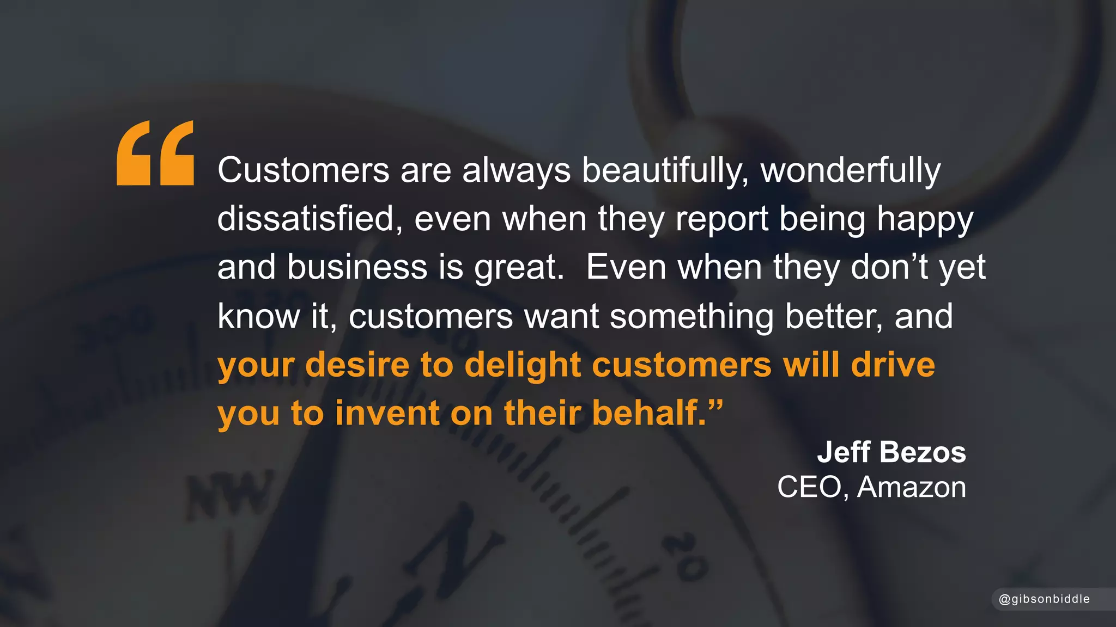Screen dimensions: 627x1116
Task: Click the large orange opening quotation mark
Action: [x=155, y=153]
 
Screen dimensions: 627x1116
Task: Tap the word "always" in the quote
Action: [x=516, y=170]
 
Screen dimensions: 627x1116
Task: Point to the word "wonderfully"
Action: [x=850, y=170]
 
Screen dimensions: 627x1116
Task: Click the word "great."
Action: [x=519, y=268]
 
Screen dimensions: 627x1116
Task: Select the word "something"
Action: [x=692, y=316]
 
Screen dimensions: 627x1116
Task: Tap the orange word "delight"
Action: [x=523, y=365]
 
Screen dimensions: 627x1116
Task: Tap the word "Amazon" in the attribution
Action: [x=911, y=487]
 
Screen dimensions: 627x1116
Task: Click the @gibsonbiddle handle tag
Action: [x=1044, y=599]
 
